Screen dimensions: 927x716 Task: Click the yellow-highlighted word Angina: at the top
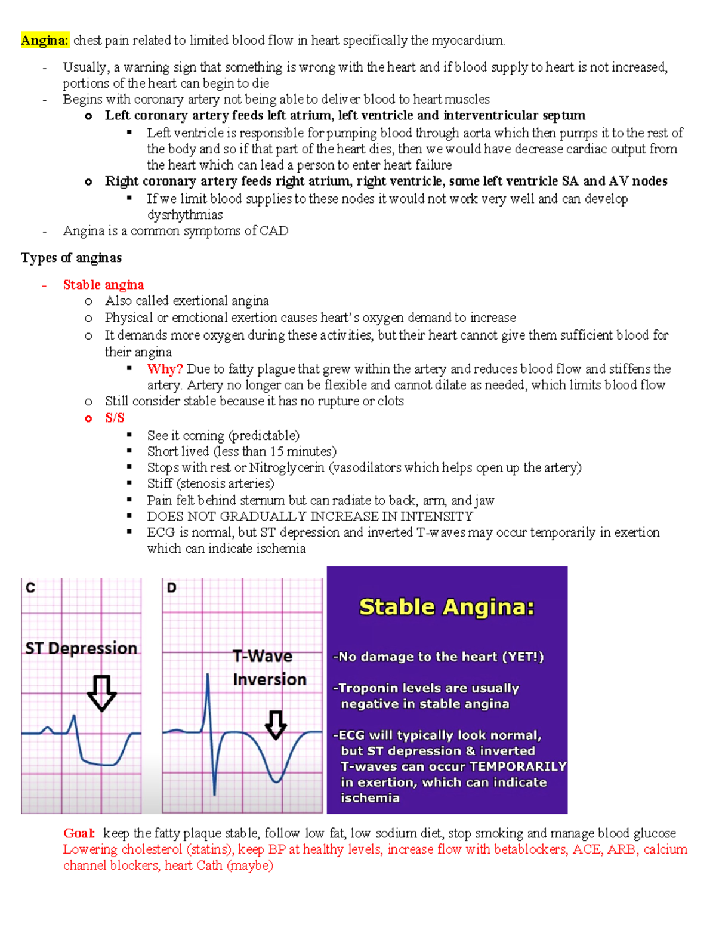click(x=45, y=41)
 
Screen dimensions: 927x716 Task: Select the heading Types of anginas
click(x=71, y=258)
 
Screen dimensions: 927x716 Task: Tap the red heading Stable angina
click(x=103, y=285)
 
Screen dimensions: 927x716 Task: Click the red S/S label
click(x=115, y=418)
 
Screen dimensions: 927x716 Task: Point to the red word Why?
click(x=165, y=369)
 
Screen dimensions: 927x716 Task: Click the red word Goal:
click(x=79, y=833)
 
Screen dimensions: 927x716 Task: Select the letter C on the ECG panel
click(x=30, y=588)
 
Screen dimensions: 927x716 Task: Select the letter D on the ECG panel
click(x=171, y=588)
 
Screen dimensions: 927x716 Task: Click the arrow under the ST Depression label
click(x=101, y=692)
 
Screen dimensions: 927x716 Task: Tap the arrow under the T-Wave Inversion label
click(x=275, y=725)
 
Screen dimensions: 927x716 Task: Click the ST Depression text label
click(x=81, y=648)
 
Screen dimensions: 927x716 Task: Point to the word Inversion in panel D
click(x=270, y=679)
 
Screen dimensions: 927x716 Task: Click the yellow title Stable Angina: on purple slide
click(x=447, y=607)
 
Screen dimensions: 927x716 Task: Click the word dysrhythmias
click(x=185, y=215)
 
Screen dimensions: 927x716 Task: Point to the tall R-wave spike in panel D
click(x=208, y=692)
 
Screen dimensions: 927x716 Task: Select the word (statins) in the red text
click(x=211, y=849)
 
